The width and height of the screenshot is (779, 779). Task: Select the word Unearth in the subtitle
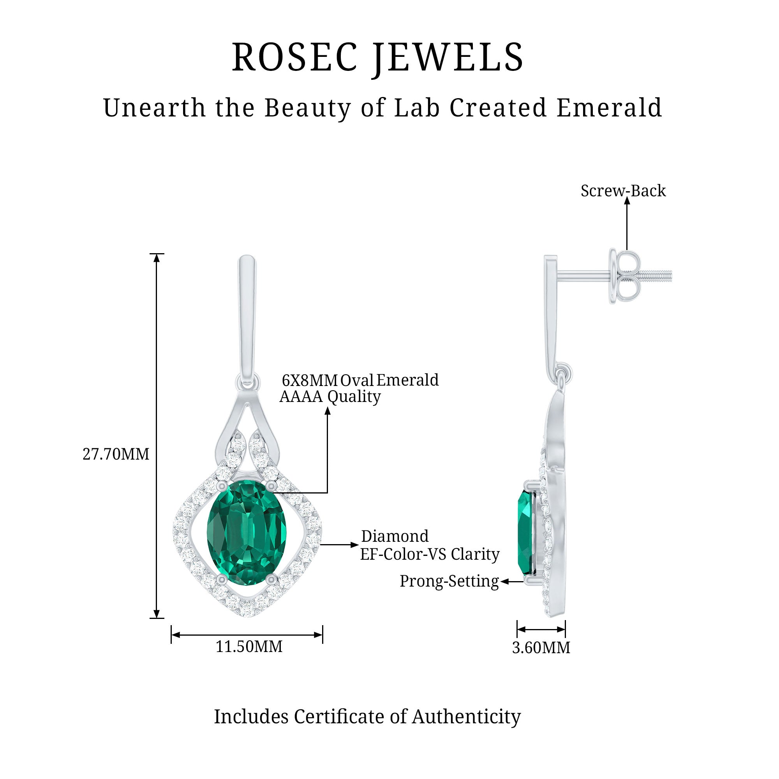(x=154, y=108)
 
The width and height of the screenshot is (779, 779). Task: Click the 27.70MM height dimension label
(x=116, y=455)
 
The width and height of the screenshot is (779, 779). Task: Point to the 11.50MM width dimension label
(x=249, y=647)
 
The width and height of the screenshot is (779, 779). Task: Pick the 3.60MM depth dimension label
(x=541, y=648)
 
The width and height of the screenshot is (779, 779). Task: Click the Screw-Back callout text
(x=623, y=191)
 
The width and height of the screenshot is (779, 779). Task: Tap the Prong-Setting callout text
(x=449, y=582)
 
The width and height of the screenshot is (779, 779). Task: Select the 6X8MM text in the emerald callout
(x=310, y=380)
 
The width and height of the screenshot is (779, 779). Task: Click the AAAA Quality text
(x=330, y=397)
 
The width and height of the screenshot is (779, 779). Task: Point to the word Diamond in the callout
(x=395, y=537)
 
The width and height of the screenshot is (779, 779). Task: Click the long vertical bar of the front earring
(x=247, y=314)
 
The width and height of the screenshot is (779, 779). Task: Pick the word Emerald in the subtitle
(x=609, y=108)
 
